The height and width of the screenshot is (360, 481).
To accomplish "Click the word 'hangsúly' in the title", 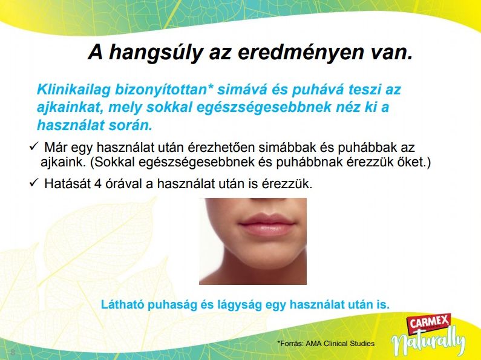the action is coord(156,53).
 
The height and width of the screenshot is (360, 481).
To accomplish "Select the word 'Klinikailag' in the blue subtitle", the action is coord(74,90).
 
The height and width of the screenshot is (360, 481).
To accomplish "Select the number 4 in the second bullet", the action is coord(98,184).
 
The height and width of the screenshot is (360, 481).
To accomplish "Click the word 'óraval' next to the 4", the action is coord(120,184).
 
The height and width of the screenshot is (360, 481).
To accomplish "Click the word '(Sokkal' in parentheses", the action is coord(113,163).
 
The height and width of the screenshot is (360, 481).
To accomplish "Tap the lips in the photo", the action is coord(267,226).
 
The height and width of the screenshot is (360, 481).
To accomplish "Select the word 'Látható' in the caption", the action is coord(123,305).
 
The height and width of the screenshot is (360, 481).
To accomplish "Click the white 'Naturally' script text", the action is coord(428,342).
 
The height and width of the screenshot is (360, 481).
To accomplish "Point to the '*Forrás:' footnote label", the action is coord(290,344).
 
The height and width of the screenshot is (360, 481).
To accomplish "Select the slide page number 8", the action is coord(13,352).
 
